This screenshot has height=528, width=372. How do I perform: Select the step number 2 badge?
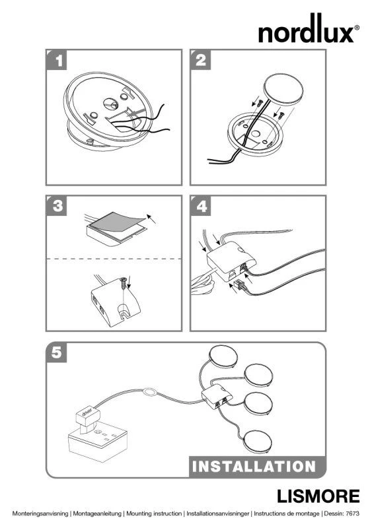pyautogui.click(x=201, y=60)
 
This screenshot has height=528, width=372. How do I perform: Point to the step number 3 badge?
pyautogui.click(x=57, y=205)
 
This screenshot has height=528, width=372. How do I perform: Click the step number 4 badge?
pyautogui.click(x=201, y=205)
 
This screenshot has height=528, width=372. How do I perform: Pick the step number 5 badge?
pyautogui.click(x=57, y=352)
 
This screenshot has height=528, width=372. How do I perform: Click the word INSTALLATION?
pyautogui.click(x=254, y=467)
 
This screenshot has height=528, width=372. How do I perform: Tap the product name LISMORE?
pyautogui.click(x=318, y=496)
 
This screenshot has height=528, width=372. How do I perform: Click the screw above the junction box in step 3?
pyautogui.click(x=124, y=283)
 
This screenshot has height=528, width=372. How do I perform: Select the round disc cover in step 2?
pyautogui.click(x=283, y=90)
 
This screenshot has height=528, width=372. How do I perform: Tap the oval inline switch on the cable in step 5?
pyautogui.click(x=149, y=392)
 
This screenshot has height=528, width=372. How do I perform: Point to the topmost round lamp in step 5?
pyautogui.click(x=223, y=358)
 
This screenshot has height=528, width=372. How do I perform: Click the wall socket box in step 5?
pyautogui.click(x=98, y=440)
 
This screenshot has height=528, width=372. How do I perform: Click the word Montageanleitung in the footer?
pyautogui.click(x=97, y=513)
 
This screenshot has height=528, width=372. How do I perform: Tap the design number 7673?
pyautogui.click(x=353, y=513)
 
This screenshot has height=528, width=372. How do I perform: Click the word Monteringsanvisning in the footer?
pyautogui.click(x=40, y=513)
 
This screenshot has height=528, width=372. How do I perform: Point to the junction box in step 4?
pyautogui.click(x=231, y=261)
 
